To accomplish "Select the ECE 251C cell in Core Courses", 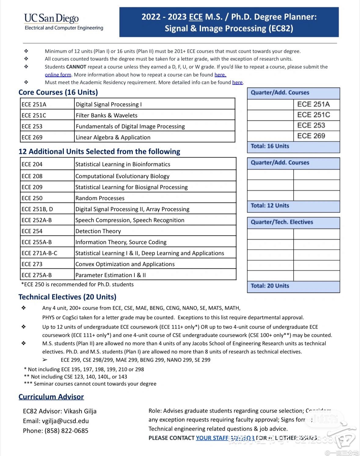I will pos(34,115).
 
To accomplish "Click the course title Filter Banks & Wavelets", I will pos(107,115).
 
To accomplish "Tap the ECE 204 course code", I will pos(32,164).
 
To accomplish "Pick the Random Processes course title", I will pos(100,198).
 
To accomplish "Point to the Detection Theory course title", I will pos(98,231).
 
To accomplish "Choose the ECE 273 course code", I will pos(32,264).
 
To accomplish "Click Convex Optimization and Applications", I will pos(125,264).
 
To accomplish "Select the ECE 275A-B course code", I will pos(37,275).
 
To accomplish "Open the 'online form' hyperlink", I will pos(58,75).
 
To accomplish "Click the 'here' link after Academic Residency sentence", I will pos(237,82).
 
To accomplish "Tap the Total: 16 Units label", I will pos(270,146).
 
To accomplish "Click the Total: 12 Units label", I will pos(270,206).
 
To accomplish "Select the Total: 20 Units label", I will pos(270,286).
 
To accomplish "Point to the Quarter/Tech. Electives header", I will pos(282,222).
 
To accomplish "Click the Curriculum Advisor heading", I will pos(51,397).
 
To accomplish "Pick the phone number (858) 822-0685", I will pos(66,431).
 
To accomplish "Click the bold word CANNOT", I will pos(76,67).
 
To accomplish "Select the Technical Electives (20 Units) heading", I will pos(67,297).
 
